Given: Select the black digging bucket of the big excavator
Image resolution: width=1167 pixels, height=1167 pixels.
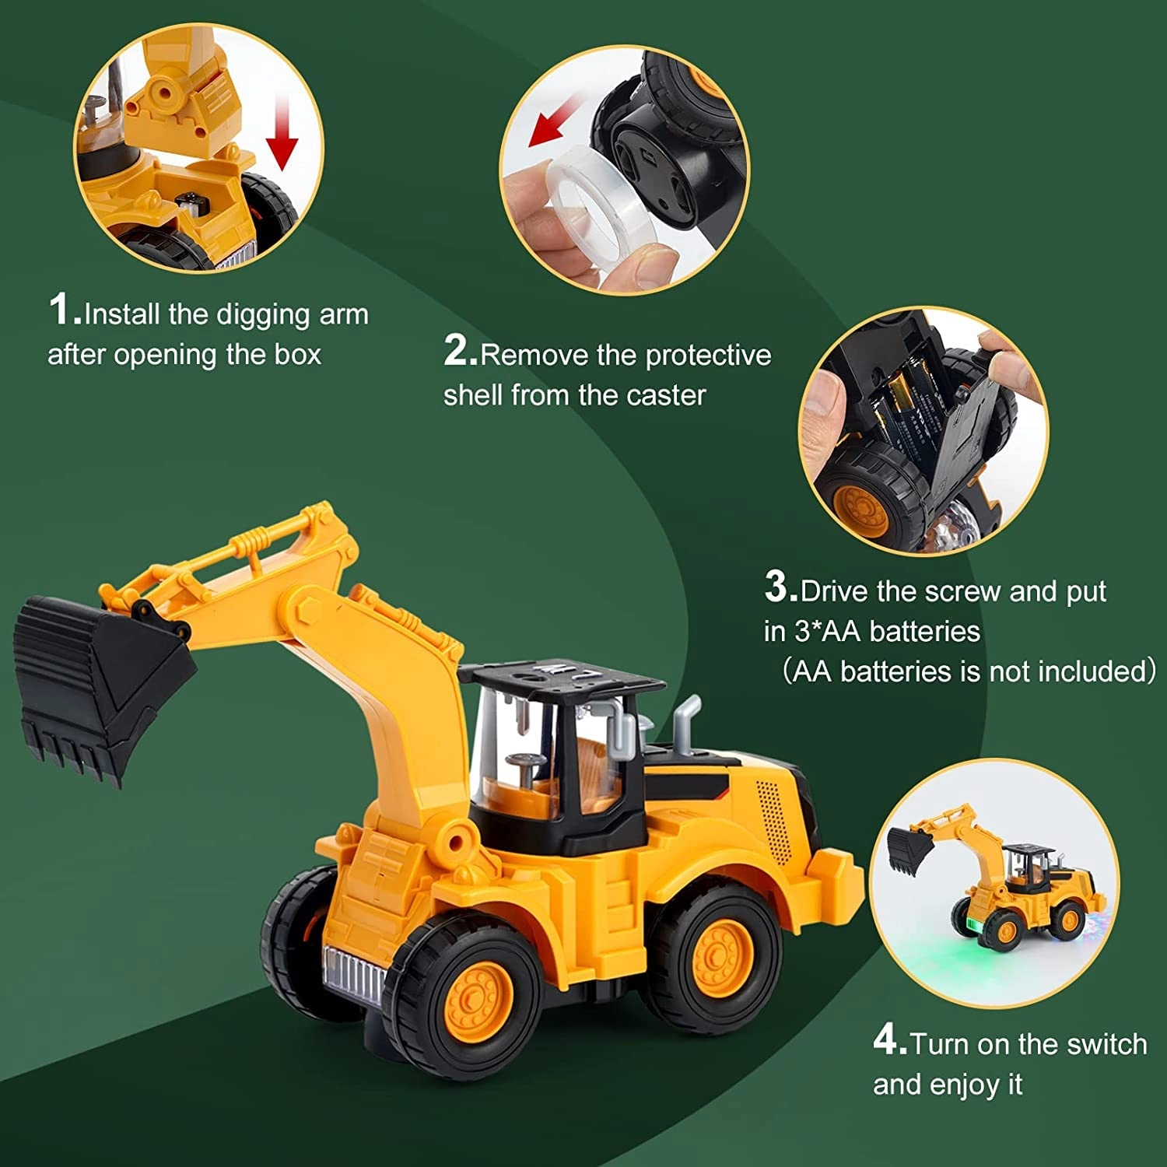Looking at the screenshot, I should coord(93,685).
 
